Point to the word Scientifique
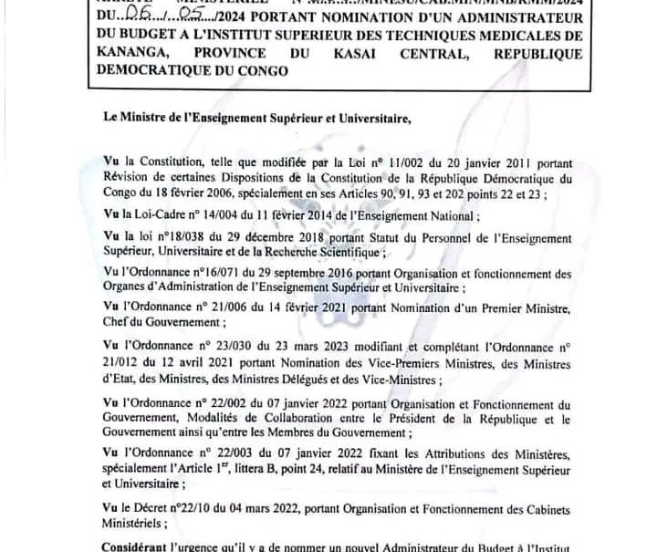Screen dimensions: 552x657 [x=385, y=250]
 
